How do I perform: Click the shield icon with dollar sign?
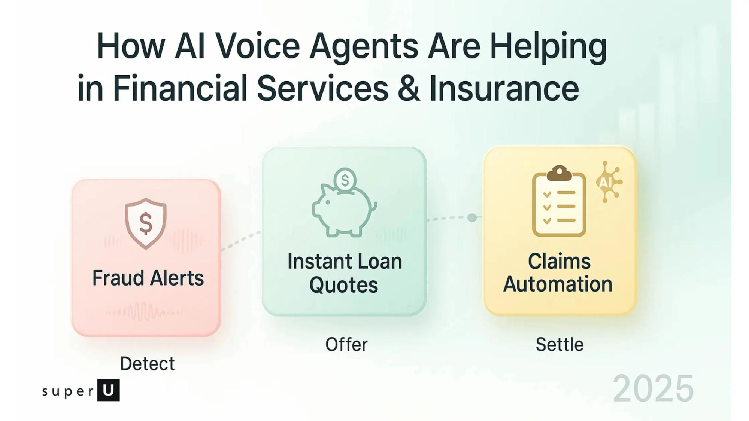point(146,223)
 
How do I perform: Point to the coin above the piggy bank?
point(345,180)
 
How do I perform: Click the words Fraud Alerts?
point(148,278)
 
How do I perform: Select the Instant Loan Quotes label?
point(344,273)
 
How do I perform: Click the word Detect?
point(147,364)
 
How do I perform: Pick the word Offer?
point(346,344)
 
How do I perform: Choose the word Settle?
point(560,344)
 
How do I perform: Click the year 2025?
point(654,389)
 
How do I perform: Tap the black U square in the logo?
point(108,390)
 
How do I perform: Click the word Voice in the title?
point(258,46)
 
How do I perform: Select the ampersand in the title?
point(409,88)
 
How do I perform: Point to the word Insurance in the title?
point(504,88)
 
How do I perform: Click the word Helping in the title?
point(548,47)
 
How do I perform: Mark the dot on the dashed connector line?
point(472,217)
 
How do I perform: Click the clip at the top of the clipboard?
point(559,173)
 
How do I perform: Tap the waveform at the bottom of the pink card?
point(144,312)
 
